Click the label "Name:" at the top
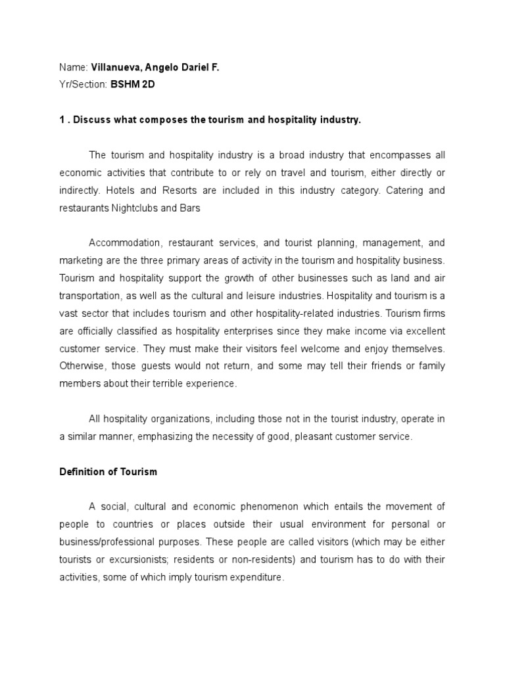tap(72, 68)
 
